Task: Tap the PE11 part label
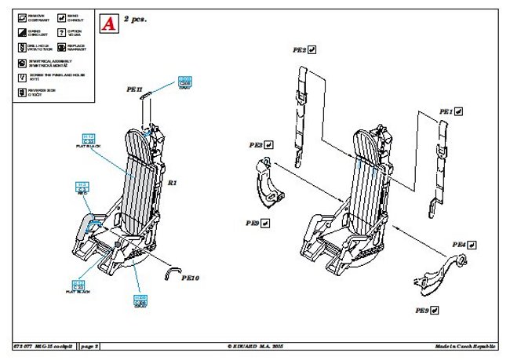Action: pyautogui.click(x=134, y=90)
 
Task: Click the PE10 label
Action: pyautogui.click(x=191, y=278)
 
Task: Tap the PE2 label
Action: pyautogui.click(x=299, y=50)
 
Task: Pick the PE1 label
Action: pyautogui.click(x=446, y=112)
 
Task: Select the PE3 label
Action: pyautogui.click(x=256, y=145)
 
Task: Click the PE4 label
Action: pyautogui.click(x=458, y=246)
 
